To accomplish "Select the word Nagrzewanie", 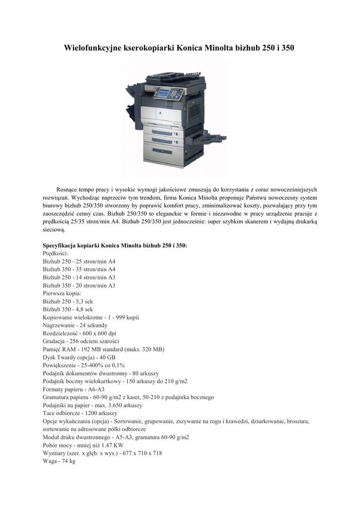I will point(59,325).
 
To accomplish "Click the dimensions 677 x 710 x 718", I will point(140,453).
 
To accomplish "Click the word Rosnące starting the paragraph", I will point(68,189).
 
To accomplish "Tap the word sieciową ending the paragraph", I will point(54,230).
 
